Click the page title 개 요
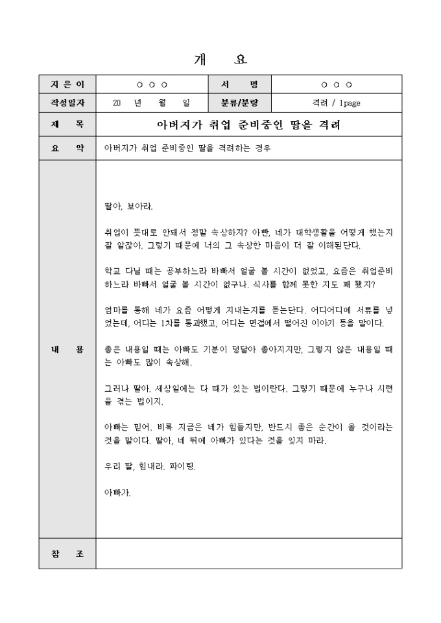coord(220,60)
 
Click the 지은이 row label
coord(67,85)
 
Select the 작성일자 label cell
coord(67,102)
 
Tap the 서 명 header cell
coord(239,85)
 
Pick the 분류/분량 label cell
coord(239,102)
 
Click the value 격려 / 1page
coord(336,102)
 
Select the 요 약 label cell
coord(67,148)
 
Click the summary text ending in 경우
coord(187,148)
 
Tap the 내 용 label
coord(67,350)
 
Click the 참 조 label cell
coord(67,554)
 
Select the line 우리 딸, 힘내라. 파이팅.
coord(150,466)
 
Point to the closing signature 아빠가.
coord(117,492)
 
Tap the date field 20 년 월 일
coord(150,102)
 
